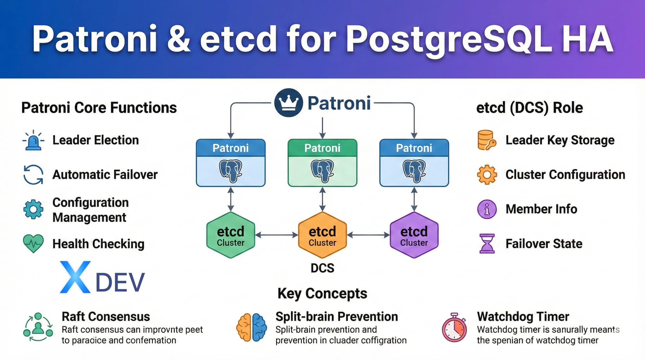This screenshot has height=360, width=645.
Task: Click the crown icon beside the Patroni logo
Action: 288,103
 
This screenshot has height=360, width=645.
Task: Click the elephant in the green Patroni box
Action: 322,171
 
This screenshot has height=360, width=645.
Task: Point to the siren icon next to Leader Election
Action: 34,141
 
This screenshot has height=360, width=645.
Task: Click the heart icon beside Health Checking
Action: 33,243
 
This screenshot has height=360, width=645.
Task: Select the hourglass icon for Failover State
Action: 487,244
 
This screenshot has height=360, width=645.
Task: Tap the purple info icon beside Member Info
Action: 487,209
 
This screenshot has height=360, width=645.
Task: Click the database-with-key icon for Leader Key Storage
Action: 486,140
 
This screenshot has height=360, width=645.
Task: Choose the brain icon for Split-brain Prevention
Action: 252,327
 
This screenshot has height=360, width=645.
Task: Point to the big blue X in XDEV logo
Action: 75,277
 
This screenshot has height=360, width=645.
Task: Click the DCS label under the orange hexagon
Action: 322,268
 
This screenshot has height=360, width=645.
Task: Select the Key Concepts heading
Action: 322,294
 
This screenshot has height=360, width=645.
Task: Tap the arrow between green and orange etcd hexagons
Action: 276,235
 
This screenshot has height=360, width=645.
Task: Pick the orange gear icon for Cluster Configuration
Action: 487,175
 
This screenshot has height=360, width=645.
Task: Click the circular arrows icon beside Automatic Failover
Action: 33,175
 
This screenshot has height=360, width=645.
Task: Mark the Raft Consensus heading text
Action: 106,316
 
